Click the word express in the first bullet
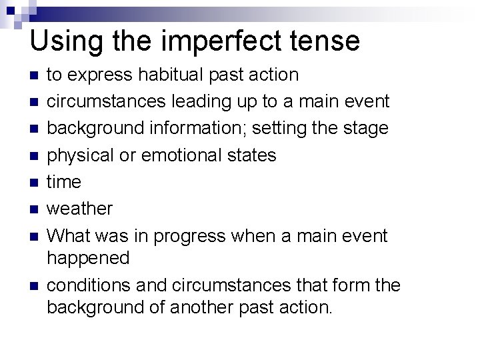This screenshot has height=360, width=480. pyautogui.click(x=103, y=75)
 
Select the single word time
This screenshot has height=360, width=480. pyautogui.click(x=63, y=182)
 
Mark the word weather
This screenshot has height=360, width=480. pyautogui.click(x=79, y=209)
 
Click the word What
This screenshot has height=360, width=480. pyautogui.click(x=70, y=235)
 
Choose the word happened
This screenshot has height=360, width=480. pyautogui.click(x=88, y=257)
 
